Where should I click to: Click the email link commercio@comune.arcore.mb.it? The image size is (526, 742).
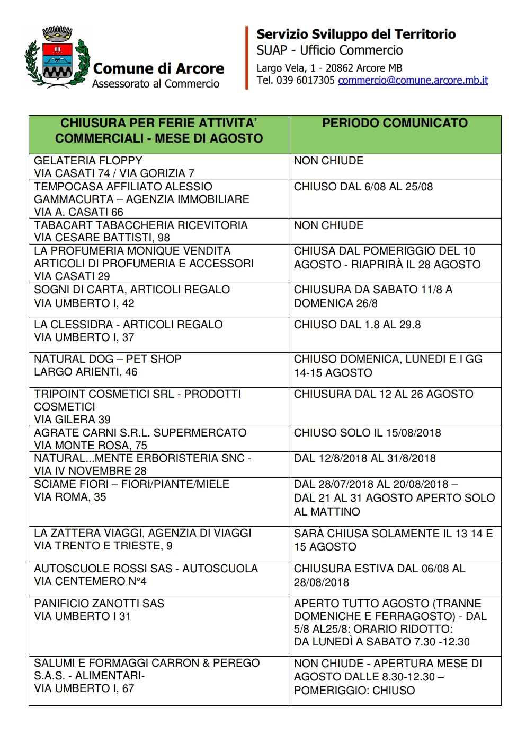tap(413, 81)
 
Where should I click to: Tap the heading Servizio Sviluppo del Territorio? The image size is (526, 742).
tap(356, 34)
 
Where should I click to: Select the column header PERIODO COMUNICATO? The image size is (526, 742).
tap(395, 123)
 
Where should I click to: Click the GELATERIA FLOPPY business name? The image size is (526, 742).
tap(88, 161)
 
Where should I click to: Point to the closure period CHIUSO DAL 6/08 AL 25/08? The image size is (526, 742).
tap(363, 187)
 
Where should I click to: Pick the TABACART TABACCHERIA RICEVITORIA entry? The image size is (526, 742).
tap(140, 225)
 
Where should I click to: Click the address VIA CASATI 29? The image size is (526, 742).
tap(72, 276)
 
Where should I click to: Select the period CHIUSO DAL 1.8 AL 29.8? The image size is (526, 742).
tap(357, 325)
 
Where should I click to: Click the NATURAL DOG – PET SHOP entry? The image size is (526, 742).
tap(108, 359)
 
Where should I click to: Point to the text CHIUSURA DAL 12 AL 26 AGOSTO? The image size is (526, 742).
tap(384, 394)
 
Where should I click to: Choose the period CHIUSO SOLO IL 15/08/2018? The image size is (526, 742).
tap(367, 433)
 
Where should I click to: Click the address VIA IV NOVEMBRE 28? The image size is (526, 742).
tap(90, 471)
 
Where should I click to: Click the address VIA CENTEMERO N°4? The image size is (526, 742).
tap(90, 581)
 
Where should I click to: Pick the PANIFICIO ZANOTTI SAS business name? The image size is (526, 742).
tap(99, 604)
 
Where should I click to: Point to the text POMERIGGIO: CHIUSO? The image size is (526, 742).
tap(354, 691)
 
